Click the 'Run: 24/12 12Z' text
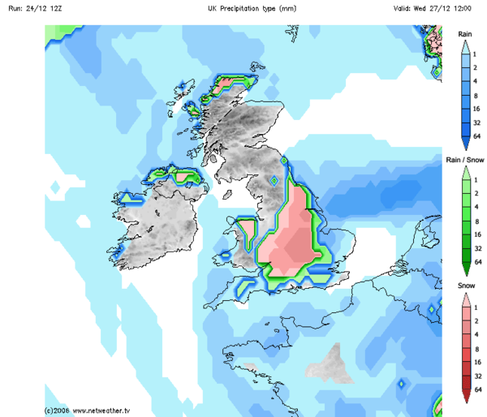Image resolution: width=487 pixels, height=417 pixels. [x=30, y=7]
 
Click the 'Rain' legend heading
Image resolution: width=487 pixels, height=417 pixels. [x=465, y=34]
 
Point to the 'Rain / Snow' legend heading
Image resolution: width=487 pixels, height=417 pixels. [x=465, y=161]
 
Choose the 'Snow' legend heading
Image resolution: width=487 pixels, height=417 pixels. [x=465, y=287]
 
